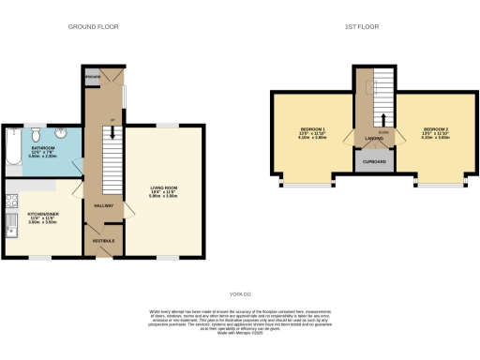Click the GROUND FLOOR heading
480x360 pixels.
click(x=94, y=27)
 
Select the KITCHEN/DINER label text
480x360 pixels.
click(x=42, y=213)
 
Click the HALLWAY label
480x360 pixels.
click(x=103, y=205)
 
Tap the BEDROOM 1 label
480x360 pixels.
click(x=312, y=128)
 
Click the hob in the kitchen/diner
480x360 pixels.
click(x=9, y=200)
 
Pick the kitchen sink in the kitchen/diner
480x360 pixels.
click(x=9, y=224)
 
